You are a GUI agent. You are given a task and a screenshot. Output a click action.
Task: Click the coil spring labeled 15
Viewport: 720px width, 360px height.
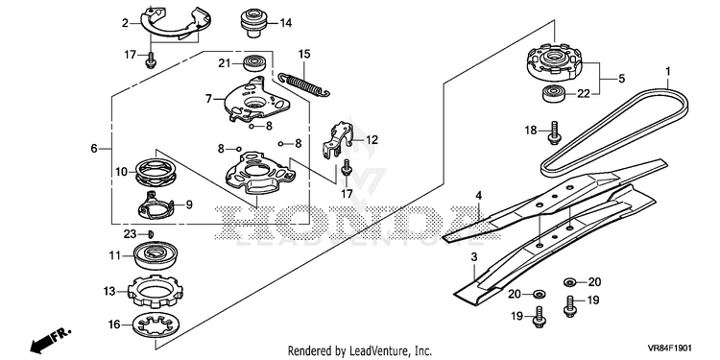(x=304, y=84)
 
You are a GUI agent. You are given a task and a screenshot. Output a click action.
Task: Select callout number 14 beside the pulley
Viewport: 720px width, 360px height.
(x=286, y=22)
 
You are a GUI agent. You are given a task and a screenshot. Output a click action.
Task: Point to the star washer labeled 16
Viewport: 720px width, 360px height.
(x=156, y=326)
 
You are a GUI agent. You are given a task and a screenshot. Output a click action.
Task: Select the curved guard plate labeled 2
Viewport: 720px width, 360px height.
(x=176, y=24)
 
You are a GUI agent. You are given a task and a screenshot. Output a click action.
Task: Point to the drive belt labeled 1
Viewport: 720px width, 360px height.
(x=615, y=132)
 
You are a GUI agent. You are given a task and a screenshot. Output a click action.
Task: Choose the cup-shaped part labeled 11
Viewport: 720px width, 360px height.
(x=156, y=256)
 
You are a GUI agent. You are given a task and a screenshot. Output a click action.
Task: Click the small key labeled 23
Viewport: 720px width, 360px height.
(x=151, y=234)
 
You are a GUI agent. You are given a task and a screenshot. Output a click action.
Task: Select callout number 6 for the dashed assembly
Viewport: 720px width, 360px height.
(x=94, y=149)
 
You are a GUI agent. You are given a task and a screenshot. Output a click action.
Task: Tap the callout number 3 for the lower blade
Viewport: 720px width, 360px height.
(x=475, y=256)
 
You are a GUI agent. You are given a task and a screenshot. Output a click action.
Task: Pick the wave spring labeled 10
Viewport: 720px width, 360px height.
(x=156, y=172)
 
